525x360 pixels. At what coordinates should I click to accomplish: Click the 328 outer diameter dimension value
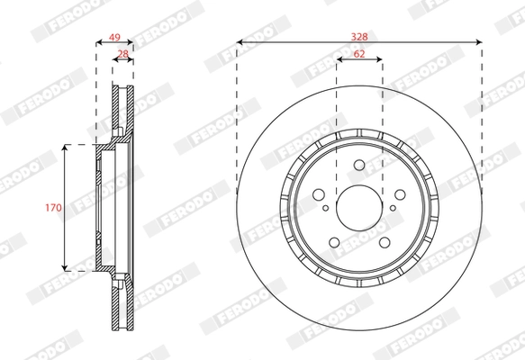pos(358,35)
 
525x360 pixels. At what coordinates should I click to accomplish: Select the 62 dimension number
pos(358,55)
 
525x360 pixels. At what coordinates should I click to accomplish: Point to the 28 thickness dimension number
pos(122,55)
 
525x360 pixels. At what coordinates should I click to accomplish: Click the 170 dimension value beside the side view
pos(54,207)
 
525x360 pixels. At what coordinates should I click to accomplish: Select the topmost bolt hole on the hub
pos(358,166)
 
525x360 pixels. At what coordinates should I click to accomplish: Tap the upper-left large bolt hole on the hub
pos(319,194)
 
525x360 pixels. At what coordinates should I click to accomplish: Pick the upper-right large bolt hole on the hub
pos(398,194)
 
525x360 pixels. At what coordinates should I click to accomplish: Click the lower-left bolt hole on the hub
pos(334,240)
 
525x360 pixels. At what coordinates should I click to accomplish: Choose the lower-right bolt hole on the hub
pos(383,240)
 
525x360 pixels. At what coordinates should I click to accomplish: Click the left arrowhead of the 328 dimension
pos(240,41)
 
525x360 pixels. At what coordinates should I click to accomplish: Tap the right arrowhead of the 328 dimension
pos(477,41)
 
